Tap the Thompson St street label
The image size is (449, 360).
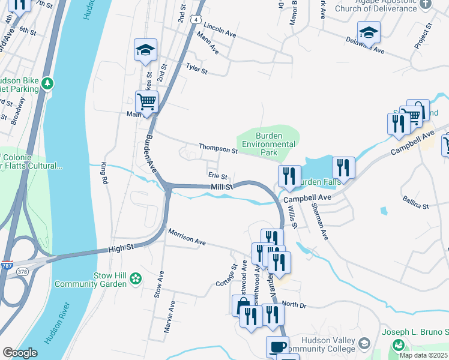(219, 149)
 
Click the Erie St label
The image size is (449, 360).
(217, 176)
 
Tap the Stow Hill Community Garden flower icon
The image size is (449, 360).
(136, 278)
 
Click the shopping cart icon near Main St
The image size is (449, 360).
(146, 102)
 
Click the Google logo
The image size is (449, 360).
(20, 353)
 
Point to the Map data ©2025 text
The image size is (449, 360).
(423, 355)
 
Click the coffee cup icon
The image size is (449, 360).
(277, 346)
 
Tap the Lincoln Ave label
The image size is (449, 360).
(219, 31)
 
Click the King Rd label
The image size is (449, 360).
(106, 172)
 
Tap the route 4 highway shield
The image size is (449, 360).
(196, 20)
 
